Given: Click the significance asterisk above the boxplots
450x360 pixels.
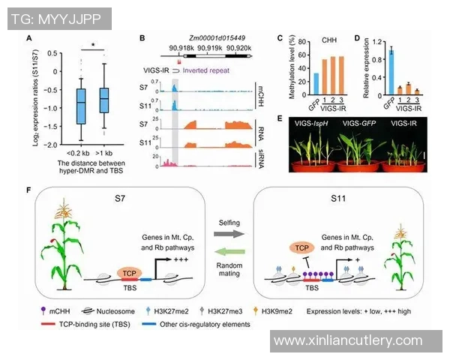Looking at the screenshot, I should (x=94, y=46).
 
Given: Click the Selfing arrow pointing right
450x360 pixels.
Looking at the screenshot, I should (x=224, y=234).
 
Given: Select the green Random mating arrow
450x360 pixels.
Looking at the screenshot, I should (x=224, y=255).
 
